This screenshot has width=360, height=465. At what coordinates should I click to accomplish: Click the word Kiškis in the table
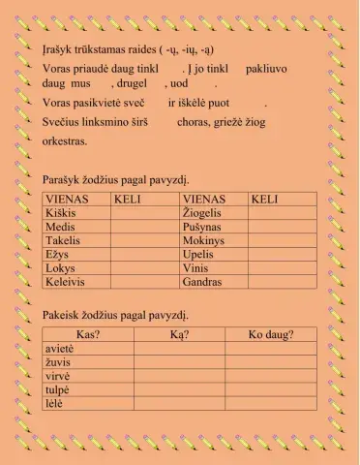pyautogui.click(x=61, y=212)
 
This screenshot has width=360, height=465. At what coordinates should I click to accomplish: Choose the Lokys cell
pyautogui.click(x=60, y=268)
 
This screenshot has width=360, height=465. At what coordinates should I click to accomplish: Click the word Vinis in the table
pyautogui.click(x=195, y=268)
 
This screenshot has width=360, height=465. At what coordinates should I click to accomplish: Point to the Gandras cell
pyautogui.click(x=202, y=282)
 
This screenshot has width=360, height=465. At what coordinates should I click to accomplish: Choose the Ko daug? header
pyautogui.click(x=271, y=335)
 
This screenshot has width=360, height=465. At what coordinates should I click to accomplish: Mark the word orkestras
pyautogui.click(x=65, y=141)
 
